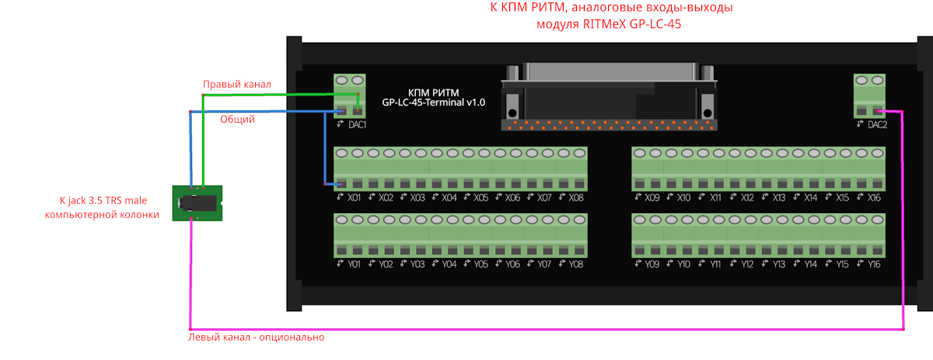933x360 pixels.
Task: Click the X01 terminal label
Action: (355, 197)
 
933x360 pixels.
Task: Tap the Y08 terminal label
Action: (576, 264)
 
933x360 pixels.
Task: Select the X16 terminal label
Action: (875, 197)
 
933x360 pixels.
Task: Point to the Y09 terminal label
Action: (652, 264)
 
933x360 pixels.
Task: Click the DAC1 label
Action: (358, 124)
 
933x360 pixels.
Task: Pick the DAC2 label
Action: (877, 124)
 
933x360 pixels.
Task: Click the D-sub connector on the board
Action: (609, 93)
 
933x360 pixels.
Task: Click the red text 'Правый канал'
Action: (237, 84)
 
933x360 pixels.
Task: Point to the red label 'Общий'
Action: (237, 120)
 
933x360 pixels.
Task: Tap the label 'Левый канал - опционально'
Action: (257, 337)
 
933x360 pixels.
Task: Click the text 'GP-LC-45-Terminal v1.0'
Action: (434, 103)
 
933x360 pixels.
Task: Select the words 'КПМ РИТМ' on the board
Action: (434, 92)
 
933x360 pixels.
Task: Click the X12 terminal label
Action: (748, 197)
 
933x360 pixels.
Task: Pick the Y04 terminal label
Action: (449, 264)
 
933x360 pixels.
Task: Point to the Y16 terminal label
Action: (875, 264)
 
